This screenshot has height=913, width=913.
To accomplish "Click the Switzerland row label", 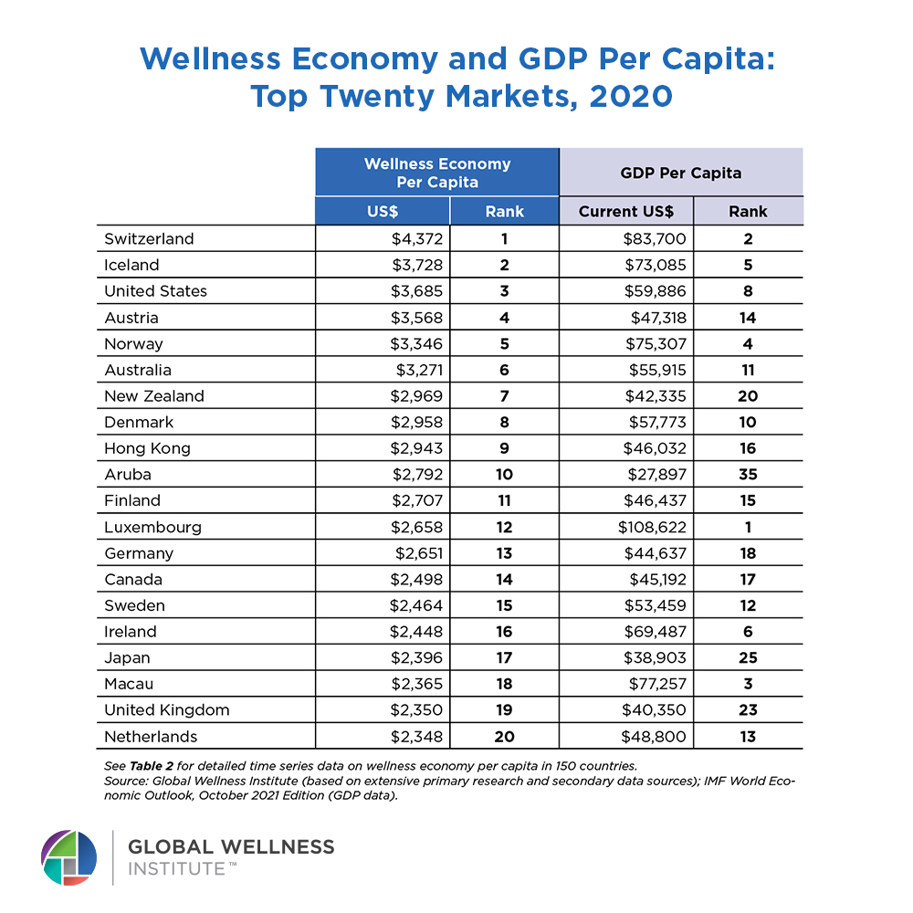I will tap(149, 239).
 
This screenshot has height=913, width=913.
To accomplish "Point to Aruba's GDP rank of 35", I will tap(748, 475).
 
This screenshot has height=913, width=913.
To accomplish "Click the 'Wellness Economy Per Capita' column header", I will tap(436, 173).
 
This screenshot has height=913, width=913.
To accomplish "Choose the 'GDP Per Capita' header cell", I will tap(680, 173).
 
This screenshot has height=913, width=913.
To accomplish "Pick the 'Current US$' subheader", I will tap(626, 212).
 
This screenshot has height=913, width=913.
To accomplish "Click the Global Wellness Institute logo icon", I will tap(68, 857).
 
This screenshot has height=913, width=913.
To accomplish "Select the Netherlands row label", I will tap(151, 737).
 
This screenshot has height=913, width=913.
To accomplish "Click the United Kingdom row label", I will tap(166, 710).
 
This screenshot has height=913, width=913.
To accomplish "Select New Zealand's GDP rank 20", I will tap(748, 396).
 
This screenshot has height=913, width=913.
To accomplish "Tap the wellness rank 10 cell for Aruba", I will tap(504, 475).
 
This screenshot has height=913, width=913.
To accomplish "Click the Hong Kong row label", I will tap(147, 449).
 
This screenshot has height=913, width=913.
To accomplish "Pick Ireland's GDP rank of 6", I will tap(748, 632).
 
